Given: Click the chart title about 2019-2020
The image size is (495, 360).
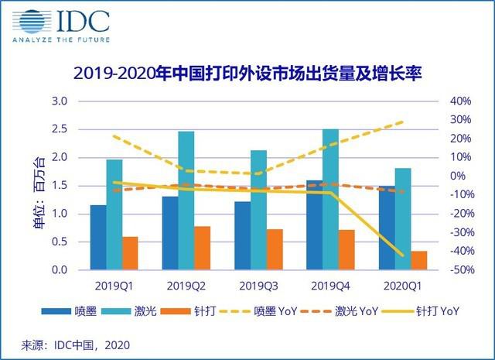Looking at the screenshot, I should point(247,75).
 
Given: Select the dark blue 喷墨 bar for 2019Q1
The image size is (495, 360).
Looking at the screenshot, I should point(97,238).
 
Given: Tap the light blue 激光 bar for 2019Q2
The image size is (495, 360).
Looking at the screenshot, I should point(186,201).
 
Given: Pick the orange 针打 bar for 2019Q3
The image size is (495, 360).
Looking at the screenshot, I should point(275,249).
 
